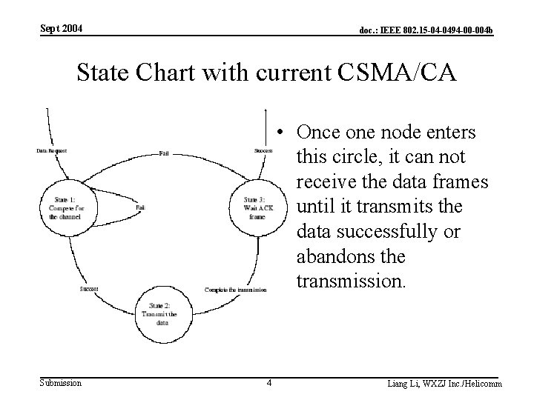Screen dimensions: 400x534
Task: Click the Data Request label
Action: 52,151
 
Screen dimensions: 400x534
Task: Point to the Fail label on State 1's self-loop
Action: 140,209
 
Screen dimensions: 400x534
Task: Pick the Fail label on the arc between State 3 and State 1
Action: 163,153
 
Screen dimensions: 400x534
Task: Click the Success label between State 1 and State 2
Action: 89,289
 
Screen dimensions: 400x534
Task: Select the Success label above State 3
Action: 263,151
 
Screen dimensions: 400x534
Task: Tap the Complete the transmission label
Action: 235,290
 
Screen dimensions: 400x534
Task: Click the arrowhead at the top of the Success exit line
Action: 266,112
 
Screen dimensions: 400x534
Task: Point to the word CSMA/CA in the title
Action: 398,74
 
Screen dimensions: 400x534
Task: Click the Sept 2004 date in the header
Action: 61,29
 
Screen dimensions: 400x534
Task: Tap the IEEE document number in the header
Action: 426,30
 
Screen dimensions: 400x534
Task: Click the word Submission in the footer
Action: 61,382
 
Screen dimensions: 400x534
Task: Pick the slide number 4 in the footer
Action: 269,383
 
